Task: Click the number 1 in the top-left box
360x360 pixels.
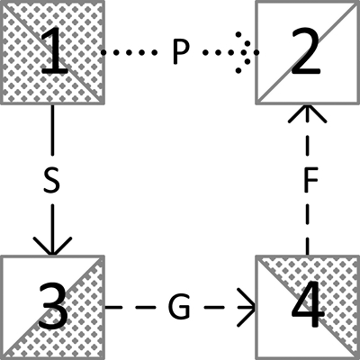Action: (56, 51)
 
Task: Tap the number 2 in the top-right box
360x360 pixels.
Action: (304, 51)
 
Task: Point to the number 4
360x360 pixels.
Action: (308, 303)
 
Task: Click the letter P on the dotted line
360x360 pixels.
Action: (182, 52)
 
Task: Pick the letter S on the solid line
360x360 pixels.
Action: (51, 180)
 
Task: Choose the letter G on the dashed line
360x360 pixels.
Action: (179, 307)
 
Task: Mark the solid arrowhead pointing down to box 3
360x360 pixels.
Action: (52, 246)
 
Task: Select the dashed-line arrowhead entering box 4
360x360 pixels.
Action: (246, 307)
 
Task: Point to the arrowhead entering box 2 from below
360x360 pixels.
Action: (307, 113)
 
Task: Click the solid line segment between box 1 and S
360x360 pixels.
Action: (52, 130)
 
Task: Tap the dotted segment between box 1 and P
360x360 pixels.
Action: (129, 52)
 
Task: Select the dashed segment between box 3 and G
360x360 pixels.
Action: (130, 307)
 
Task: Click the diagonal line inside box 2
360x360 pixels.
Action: (307, 52)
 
